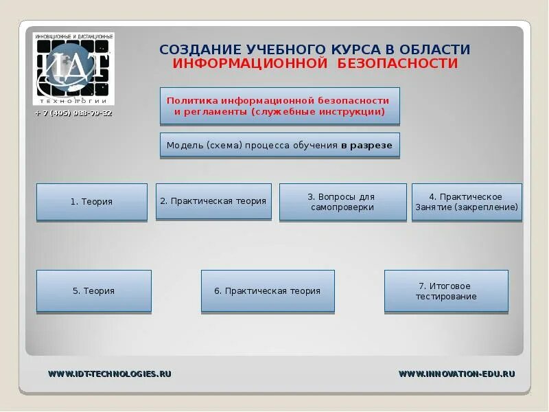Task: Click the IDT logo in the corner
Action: click(x=73, y=69)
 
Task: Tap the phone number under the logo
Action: click(x=73, y=113)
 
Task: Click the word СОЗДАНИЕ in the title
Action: click(x=192, y=50)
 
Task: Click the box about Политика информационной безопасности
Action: click(x=279, y=106)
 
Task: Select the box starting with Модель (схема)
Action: click(x=279, y=146)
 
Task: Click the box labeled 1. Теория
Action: click(x=91, y=202)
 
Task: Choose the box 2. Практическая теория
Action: click(x=213, y=201)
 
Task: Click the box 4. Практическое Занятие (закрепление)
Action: click(x=466, y=202)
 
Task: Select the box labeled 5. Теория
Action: click(x=93, y=291)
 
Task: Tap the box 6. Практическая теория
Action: click(x=268, y=291)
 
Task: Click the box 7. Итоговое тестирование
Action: click(x=446, y=291)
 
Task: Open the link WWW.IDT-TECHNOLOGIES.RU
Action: click(x=109, y=374)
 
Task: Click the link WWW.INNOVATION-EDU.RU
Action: click(x=456, y=374)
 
